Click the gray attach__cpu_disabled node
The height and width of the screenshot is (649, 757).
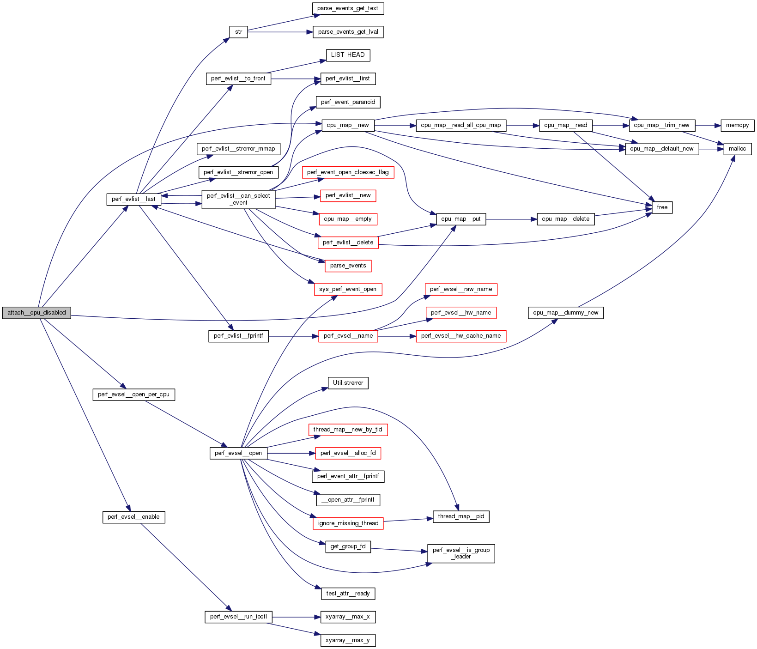click(36, 313)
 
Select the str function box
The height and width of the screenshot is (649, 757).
click(238, 32)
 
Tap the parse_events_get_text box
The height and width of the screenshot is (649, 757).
click(348, 8)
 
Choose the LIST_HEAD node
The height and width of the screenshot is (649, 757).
click(348, 55)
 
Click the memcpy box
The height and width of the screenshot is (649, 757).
click(737, 125)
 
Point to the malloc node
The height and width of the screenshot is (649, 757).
click(737, 149)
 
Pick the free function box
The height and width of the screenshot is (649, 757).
click(662, 207)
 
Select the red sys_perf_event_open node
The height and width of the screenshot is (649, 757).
click(348, 289)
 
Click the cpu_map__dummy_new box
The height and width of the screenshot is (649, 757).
click(565, 313)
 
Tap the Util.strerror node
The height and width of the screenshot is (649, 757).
click(348, 383)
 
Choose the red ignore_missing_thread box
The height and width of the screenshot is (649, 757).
click(348, 523)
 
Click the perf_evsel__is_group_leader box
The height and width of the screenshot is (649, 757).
click(461, 553)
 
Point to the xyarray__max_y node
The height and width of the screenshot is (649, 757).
click(348, 640)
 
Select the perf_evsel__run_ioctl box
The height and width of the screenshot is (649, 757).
click(238, 617)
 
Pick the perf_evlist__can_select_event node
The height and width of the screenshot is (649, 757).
click(238, 199)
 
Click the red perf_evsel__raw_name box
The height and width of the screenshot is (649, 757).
click(461, 289)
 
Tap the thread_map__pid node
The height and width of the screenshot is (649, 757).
click(461, 516)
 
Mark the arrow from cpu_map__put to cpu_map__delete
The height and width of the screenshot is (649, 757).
click(511, 219)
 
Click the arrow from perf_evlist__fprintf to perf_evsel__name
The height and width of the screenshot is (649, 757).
click(293, 336)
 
